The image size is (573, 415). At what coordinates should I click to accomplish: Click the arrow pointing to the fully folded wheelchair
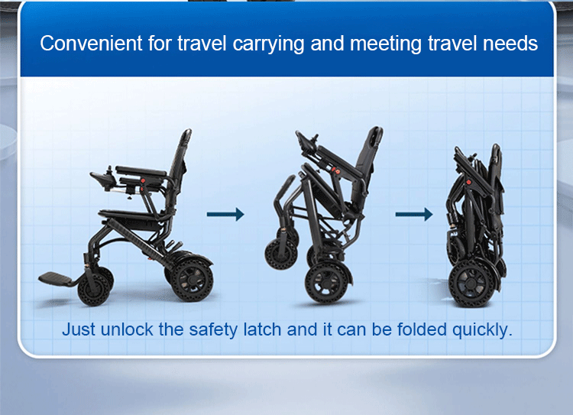(x=413, y=214)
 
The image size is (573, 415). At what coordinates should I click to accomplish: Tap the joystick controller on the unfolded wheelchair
(x=102, y=180)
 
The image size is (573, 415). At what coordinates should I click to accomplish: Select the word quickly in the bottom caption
(x=481, y=330)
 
